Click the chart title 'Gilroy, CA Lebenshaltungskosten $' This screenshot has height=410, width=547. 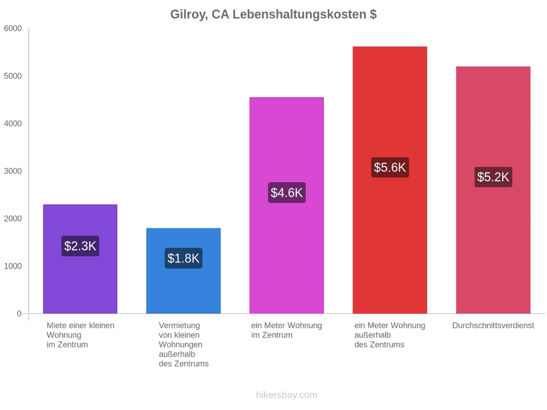tap(273, 15)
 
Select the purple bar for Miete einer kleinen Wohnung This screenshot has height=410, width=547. tap(80, 259)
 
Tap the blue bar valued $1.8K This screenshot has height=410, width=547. tap(184, 271)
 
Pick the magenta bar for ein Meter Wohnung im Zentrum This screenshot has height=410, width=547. tap(287, 205)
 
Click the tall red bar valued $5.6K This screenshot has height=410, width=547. tap(390, 180)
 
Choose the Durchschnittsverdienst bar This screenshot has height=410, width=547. tap(494, 190)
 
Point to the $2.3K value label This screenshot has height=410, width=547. tap(80, 246)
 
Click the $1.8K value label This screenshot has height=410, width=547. tap(184, 258)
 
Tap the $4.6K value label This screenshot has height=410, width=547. tap(287, 193)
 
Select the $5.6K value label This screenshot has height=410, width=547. tap(390, 168)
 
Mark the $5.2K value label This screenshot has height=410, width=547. tap(494, 177)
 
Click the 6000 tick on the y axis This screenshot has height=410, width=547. tap(13, 29)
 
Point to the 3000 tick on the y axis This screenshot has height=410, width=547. tap(13, 171)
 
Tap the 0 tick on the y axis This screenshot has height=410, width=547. tap(19, 314)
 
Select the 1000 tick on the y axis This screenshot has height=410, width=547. tap(13, 266)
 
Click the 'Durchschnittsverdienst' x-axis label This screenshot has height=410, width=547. tap(494, 326)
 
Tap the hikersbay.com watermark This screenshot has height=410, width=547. tap(287, 395)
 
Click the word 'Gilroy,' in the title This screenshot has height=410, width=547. tap(189, 15)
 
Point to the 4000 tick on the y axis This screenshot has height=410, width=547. tap(13, 123)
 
